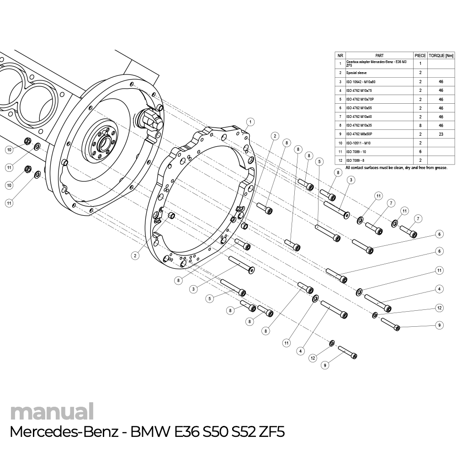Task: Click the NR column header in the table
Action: coord(340,55)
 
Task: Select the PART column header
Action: coord(379,55)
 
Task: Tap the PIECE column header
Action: coord(420,55)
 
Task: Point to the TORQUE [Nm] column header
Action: coord(441,55)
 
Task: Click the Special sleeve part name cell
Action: coord(356,73)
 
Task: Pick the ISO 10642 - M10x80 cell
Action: coord(361,82)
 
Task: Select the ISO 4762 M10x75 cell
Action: coord(360,90)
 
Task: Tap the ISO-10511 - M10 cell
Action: coord(358,143)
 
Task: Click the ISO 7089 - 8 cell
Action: coord(356,160)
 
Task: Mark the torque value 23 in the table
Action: coord(441,134)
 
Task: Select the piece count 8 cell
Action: coord(420,125)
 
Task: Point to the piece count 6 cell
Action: coord(420,152)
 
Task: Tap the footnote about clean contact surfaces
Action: coord(396,168)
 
